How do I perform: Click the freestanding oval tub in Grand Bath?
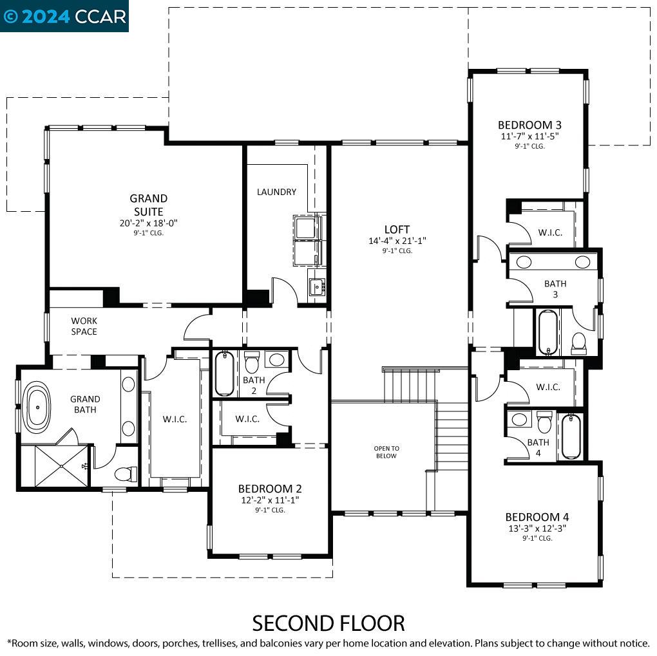[x=37, y=407]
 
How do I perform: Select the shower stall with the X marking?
[x=61, y=466]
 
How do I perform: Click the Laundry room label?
[x=276, y=192]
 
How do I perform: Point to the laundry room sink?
[x=317, y=287]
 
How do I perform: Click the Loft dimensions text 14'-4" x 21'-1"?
[x=397, y=241]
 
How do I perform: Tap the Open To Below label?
[x=386, y=452]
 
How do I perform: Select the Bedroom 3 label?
[x=529, y=125]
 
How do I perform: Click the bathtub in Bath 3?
[x=548, y=332]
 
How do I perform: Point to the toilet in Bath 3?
[x=578, y=343]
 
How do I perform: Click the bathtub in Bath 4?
[x=571, y=436]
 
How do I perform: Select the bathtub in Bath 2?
[x=224, y=373]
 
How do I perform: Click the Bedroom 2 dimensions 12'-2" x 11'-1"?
[x=270, y=500]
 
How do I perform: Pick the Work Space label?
[x=84, y=326]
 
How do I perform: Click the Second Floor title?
[x=328, y=623]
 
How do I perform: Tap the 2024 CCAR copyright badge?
[x=64, y=16]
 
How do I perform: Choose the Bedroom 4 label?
[x=537, y=517]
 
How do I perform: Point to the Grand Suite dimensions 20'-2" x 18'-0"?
[x=148, y=223]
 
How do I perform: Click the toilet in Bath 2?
[x=252, y=362]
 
